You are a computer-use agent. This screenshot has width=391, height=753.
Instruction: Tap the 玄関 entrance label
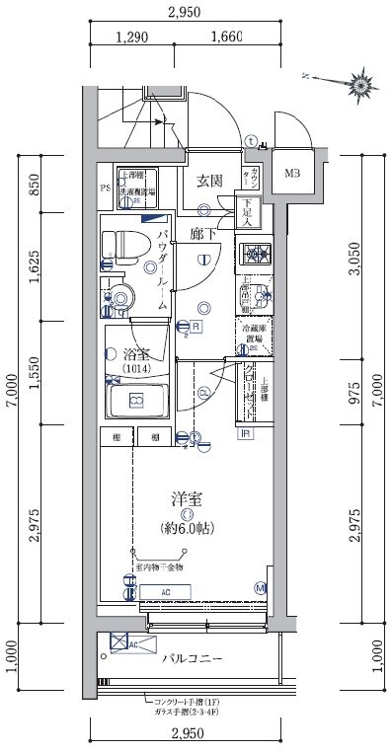tap(207, 180)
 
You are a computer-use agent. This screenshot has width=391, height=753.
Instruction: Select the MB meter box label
tap(293, 177)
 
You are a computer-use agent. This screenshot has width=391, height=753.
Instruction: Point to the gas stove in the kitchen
tap(259, 255)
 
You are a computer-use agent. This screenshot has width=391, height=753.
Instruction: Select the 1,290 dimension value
tap(131, 38)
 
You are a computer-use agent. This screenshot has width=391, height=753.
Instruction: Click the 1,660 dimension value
tap(226, 38)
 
